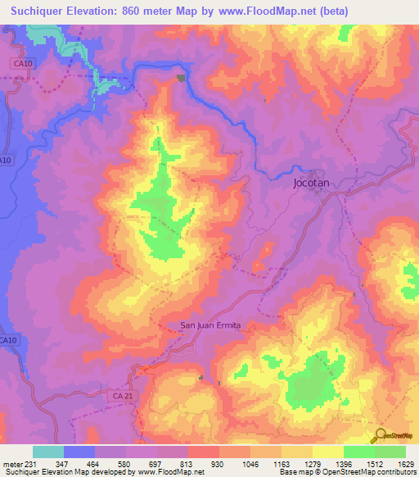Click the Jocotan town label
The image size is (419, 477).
pos(311,184)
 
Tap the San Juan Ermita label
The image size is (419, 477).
pos(210,325)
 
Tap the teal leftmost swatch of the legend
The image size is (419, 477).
pos(47,452)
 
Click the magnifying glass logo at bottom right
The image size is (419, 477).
pos(380,435)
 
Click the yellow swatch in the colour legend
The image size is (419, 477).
pos(327,452)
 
